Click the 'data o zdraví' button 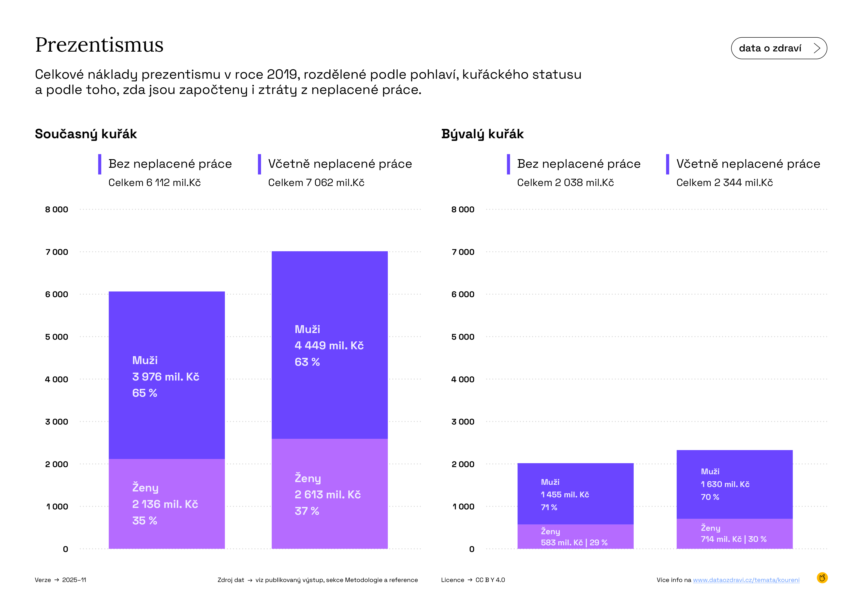tap(779, 48)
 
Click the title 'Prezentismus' tap(99, 45)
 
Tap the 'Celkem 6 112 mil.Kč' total tap(154, 183)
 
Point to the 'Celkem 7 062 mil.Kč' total tap(316, 183)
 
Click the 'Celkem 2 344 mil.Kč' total tap(724, 183)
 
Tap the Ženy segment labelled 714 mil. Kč tap(734, 533)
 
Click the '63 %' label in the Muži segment tap(307, 362)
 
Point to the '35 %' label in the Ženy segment tap(145, 521)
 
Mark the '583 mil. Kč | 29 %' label tap(574, 543)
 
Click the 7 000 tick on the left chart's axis tap(57, 252)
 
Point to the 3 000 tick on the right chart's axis tap(463, 422)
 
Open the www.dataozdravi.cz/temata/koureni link tap(746, 580)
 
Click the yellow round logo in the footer tap(822, 578)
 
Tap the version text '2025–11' tap(74, 580)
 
